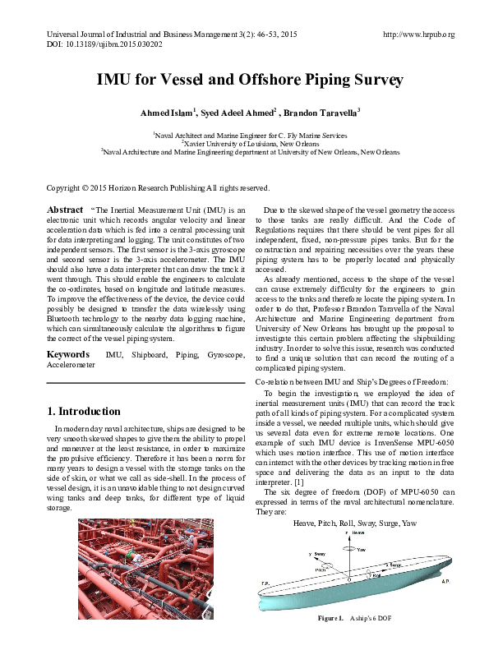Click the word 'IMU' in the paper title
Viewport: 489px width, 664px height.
coord(115,80)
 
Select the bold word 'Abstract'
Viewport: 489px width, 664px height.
coord(65,210)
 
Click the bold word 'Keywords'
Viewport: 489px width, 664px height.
coord(69,354)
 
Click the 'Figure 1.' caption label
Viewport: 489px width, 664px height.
coord(332,640)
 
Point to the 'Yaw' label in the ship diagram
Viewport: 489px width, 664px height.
coord(362,550)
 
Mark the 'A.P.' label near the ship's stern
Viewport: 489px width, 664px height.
coord(445,581)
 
